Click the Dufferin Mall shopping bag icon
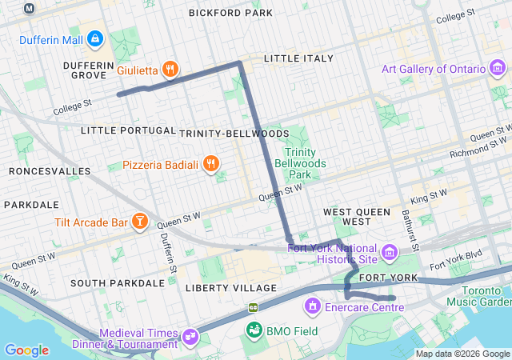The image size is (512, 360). tap(95, 38)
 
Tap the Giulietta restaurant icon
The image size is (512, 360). tap(170, 70)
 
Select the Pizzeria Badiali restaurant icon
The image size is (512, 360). tap(210, 165)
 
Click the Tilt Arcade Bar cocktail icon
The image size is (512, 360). tap(140, 222)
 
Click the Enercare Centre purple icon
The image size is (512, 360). tap(312, 306)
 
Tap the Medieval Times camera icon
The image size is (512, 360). tap(190, 338)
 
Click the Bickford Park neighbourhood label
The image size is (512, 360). tap(230, 13)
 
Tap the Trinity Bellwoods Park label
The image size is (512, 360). tap(302, 162)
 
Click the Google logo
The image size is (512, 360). tap(26, 350)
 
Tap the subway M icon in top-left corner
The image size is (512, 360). tap(30, 8)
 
